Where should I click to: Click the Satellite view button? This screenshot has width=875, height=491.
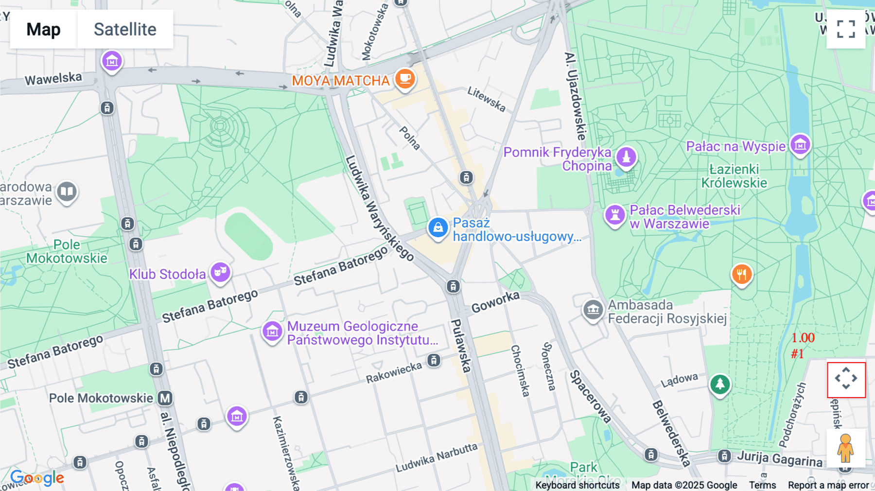point(125,29)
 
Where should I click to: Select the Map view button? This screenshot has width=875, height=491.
point(43,29)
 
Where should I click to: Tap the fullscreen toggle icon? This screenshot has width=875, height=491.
point(846,29)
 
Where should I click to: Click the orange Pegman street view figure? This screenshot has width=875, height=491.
point(845,448)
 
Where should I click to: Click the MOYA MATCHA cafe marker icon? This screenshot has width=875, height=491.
point(405,78)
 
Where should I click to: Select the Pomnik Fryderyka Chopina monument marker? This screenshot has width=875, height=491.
point(626,157)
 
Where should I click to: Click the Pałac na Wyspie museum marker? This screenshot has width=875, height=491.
point(800,144)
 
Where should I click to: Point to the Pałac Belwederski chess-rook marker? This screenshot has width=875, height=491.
point(614,214)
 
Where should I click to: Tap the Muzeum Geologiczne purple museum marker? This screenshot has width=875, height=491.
point(272,332)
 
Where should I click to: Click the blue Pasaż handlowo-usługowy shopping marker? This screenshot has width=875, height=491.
point(437,228)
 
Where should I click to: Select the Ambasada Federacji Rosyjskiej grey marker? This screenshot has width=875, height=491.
point(593,309)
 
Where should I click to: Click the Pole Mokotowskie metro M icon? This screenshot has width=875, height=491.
point(165,398)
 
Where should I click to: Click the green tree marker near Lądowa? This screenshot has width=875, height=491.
point(720,385)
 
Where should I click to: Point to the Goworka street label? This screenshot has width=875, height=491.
point(495,302)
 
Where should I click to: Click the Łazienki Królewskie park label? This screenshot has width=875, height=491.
point(734,176)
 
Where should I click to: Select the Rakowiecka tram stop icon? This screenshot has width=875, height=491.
point(434,360)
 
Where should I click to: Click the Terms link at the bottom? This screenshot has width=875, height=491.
point(762,485)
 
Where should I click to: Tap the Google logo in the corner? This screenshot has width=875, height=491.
point(37,478)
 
